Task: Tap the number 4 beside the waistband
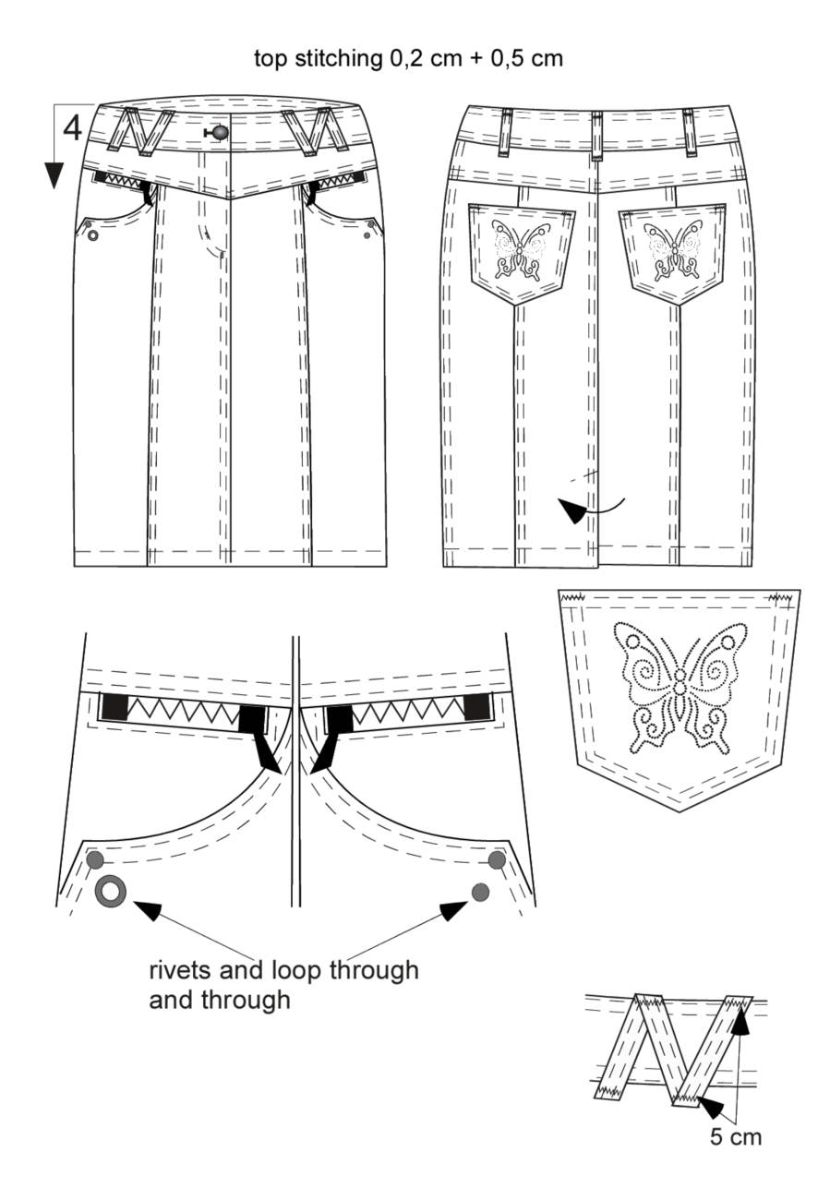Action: (73, 128)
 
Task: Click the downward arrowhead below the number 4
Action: (54, 175)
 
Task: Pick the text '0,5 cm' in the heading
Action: (526, 58)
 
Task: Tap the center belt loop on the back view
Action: (596, 136)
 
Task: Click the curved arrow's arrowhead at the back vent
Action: (572, 509)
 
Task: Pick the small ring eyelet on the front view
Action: (93, 235)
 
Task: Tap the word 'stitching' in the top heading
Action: (338, 58)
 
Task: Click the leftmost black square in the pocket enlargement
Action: (114, 706)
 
